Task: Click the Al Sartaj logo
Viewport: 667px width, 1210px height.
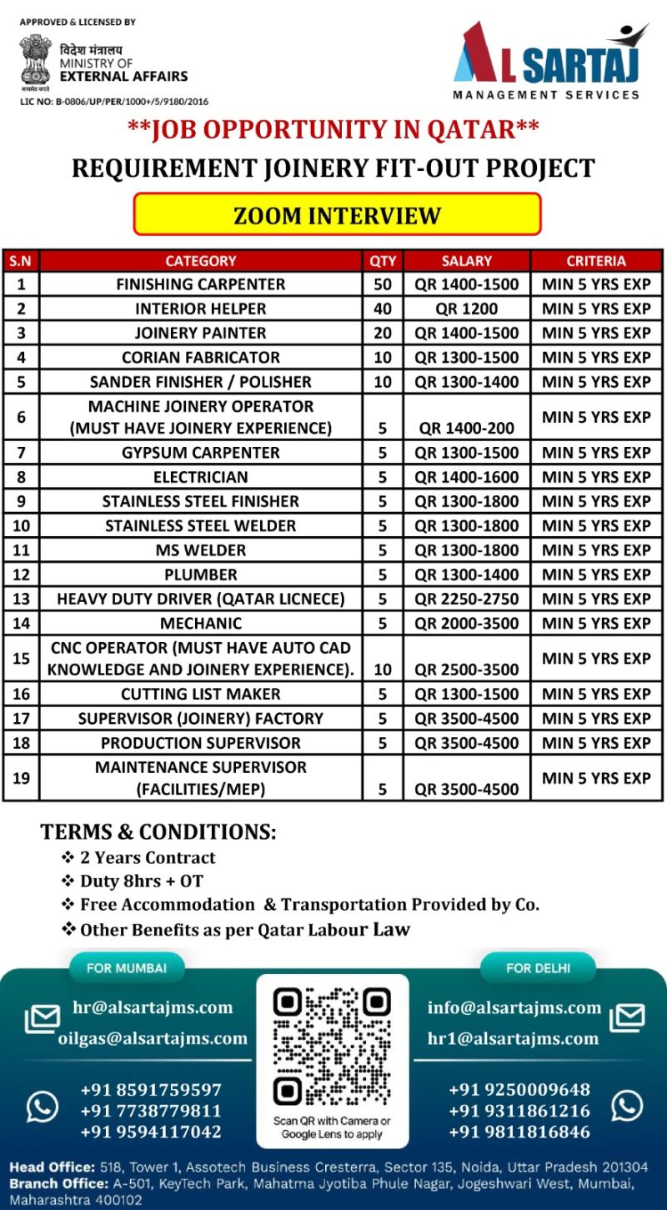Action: (x=550, y=62)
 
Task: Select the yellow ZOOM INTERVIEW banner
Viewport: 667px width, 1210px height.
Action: (x=337, y=215)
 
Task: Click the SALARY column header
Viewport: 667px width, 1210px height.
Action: (x=467, y=260)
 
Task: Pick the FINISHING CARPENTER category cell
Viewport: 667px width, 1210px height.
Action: (x=201, y=284)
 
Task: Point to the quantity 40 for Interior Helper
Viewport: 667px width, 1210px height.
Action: (x=383, y=309)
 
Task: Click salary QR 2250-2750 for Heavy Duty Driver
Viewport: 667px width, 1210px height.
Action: (x=467, y=599)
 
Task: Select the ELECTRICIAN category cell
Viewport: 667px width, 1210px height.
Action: (x=201, y=477)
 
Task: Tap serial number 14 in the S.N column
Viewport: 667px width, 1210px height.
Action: (x=21, y=623)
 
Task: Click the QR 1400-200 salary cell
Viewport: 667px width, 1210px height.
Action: (x=467, y=428)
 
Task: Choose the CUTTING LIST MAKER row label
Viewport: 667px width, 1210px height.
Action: (x=201, y=694)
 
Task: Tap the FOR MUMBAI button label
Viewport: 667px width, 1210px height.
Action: (x=127, y=968)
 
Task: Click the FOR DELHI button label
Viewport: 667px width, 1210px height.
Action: (x=539, y=968)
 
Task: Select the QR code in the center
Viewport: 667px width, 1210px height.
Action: (x=332, y=1047)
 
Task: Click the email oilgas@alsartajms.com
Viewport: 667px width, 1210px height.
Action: (x=153, y=1038)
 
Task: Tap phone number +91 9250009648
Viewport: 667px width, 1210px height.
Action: (x=519, y=1090)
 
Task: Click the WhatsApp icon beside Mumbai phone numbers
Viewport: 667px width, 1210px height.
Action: (x=43, y=1107)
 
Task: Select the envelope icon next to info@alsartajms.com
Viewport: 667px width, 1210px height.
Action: (x=627, y=1018)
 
